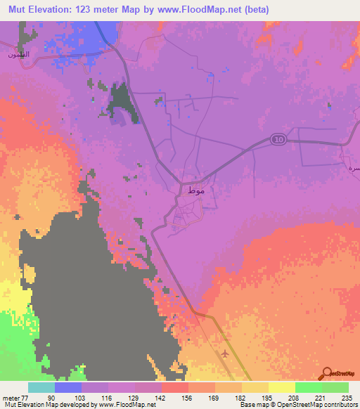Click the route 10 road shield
coord(278,140)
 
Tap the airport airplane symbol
coord(224,353)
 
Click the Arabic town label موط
coord(197,191)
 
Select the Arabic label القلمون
coord(18,55)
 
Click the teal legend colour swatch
coord(41,387)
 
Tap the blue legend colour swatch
coord(67,387)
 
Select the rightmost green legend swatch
coord(335,387)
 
